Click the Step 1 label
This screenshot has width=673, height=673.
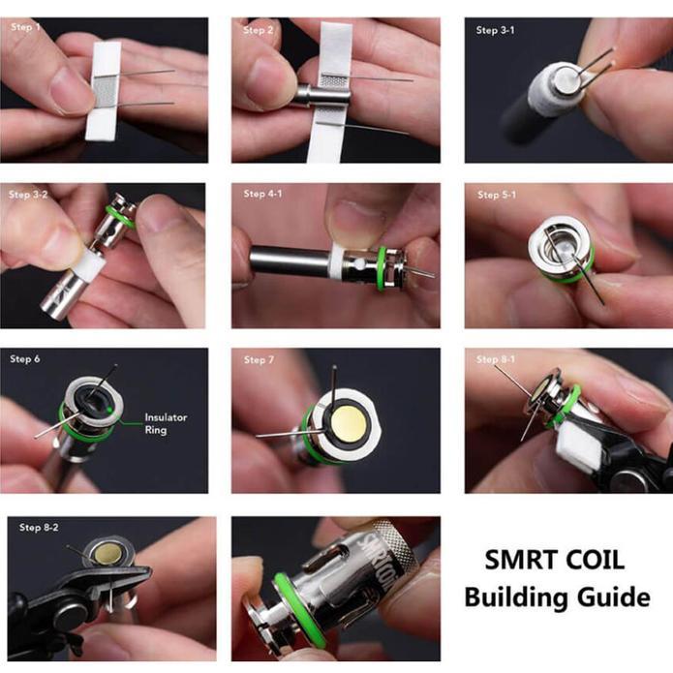point(25,27)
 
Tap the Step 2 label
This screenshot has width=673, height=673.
point(258,30)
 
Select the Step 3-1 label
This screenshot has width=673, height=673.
point(495,30)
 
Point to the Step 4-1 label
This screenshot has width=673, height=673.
point(262,194)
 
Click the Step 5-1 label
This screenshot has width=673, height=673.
point(497,195)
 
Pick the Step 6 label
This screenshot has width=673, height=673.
point(25,359)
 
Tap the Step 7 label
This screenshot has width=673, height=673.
point(259,359)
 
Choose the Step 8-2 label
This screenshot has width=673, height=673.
point(39,527)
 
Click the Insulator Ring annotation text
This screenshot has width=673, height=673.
point(166,423)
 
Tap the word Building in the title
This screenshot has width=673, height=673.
point(517,597)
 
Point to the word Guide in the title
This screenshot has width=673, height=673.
point(614,597)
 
